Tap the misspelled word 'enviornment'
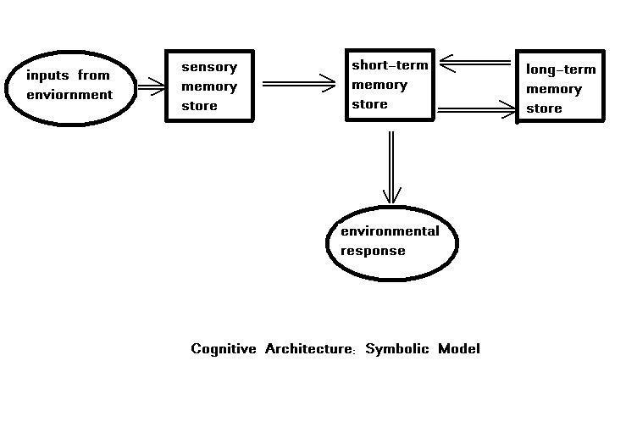point(69,94)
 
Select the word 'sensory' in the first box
point(209,67)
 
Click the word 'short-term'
point(391,65)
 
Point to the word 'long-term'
point(561,69)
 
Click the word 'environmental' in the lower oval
point(390,231)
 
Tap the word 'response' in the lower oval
point(373,251)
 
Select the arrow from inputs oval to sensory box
point(151,86)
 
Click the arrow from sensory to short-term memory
point(299,83)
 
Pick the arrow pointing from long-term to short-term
point(475,63)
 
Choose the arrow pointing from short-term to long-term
point(476,109)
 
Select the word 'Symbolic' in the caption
point(396,348)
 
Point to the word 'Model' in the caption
point(458,348)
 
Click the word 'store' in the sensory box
point(199,106)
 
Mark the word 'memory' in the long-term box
point(554,89)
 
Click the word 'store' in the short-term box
point(369,104)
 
